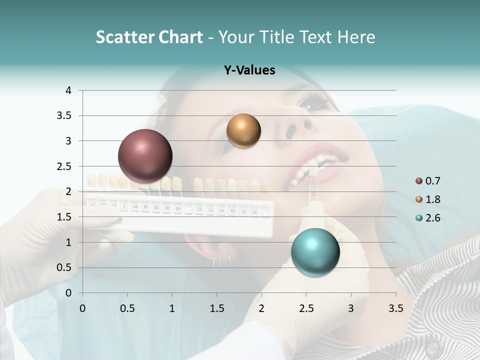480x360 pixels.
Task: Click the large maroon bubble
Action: (x=145, y=156)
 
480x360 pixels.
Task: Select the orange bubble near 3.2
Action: (x=243, y=131)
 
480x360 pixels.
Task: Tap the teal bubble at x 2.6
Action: (x=315, y=251)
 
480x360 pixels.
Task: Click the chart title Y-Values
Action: (x=249, y=70)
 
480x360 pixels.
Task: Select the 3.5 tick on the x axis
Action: (x=395, y=308)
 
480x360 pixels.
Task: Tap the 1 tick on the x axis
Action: (x=172, y=308)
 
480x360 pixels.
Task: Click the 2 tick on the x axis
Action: (x=261, y=308)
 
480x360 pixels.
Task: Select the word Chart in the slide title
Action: (x=181, y=37)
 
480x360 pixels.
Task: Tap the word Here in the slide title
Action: (x=355, y=37)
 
